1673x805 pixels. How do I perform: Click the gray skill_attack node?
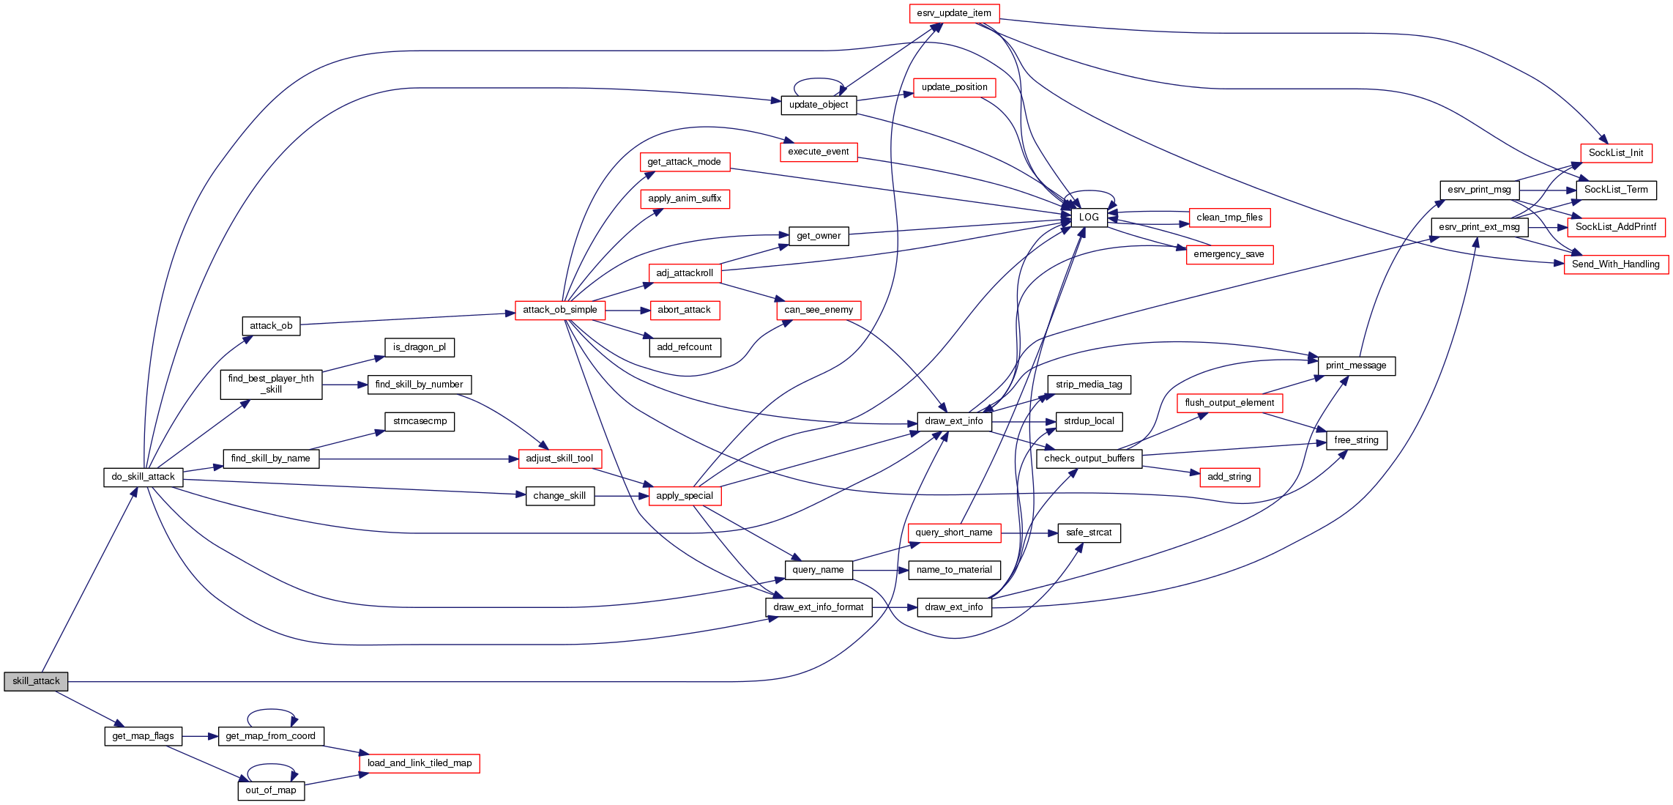[x=36, y=681]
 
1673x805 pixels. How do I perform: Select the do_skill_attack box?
[x=143, y=477]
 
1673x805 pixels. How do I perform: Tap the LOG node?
[x=1089, y=218]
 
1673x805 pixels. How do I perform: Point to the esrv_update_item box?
[x=953, y=13]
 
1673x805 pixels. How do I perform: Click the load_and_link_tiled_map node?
[x=420, y=763]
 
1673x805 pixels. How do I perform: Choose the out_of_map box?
[x=271, y=790]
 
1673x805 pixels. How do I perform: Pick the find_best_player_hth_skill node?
[x=271, y=384]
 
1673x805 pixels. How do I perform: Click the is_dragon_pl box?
[x=420, y=347]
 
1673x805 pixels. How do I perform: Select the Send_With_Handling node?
[x=1615, y=264]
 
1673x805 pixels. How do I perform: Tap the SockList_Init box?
[x=1615, y=153]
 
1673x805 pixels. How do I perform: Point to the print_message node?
[x=1355, y=366]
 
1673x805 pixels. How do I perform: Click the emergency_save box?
[x=1229, y=254]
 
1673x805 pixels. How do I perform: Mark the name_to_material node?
[x=954, y=570]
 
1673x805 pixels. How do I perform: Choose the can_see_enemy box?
[x=819, y=310]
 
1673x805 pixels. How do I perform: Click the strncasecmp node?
[x=420, y=421]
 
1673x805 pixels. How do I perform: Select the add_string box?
[x=1229, y=477]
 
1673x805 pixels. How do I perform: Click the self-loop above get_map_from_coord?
[x=271, y=710]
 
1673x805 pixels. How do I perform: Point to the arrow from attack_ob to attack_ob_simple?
[x=403, y=319]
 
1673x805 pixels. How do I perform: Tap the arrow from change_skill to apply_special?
[x=622, y=496]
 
